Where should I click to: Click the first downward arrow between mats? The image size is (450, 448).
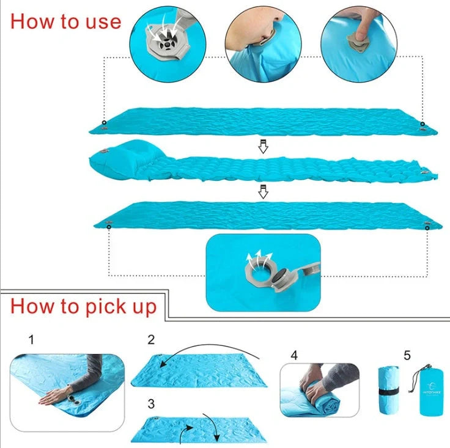tap(263, 147)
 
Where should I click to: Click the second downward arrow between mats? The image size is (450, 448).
tap(263, 191)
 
